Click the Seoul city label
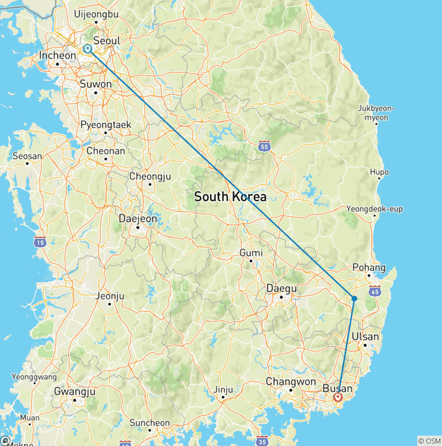[106, 41]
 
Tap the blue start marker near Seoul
[87, 49]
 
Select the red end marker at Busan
[338, 397]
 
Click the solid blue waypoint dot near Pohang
[354, 298]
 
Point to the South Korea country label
[230, 197]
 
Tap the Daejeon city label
[137, 218]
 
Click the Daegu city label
[281, 288]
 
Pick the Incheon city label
[57, 56]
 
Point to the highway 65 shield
[375, 291]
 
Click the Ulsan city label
[366, 336]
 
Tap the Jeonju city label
[109, 297]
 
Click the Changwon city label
[291, 382]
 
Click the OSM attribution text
[429, 441]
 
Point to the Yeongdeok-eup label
[374, 209]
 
